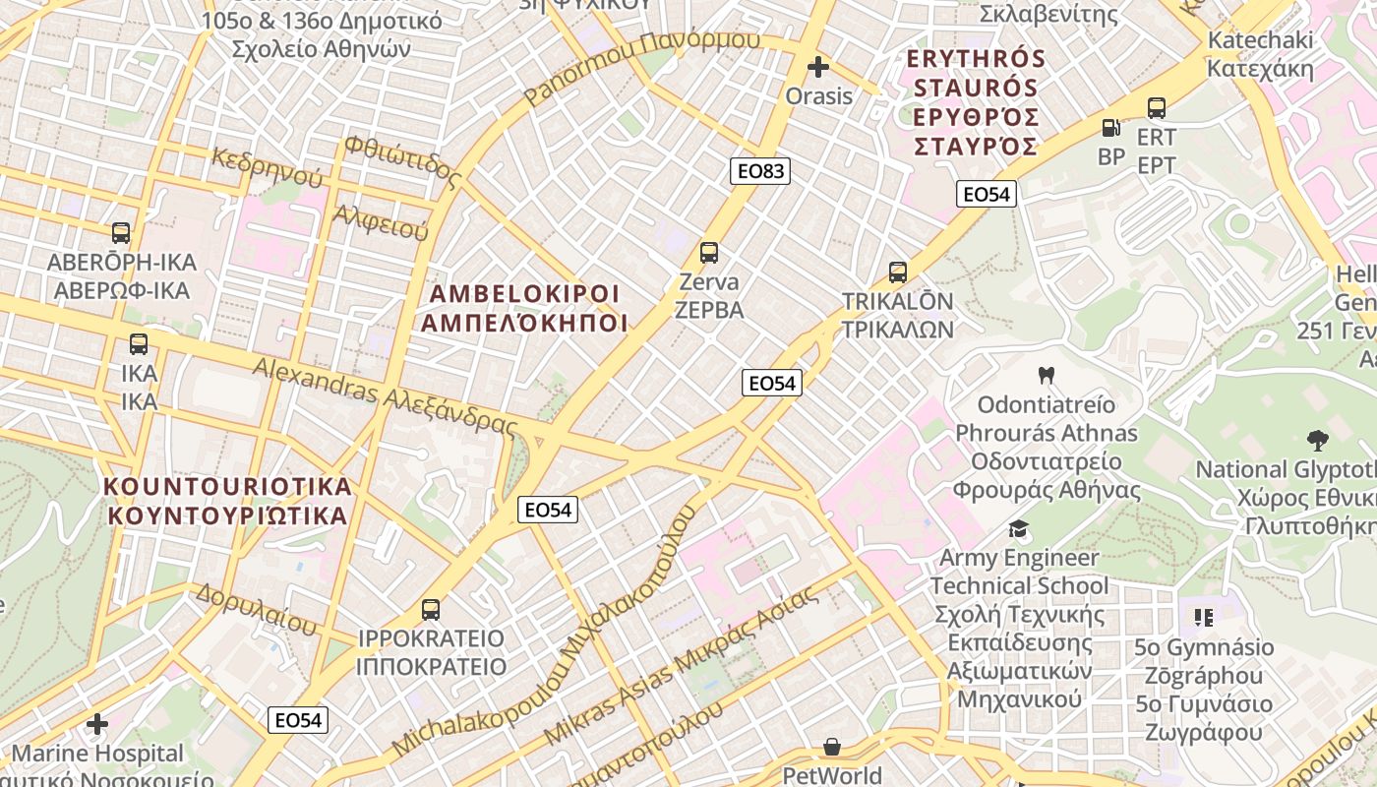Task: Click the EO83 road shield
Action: pyautogui.click(x=761, y=171)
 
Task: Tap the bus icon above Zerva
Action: pyautogui.click(x=709, y=253)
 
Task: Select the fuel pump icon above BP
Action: pyautogui.click(x=1110, y=127)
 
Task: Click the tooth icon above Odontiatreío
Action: pyautogui.click(x=1046, y=375)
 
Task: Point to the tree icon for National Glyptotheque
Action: pyautogui.click(x=1317, y=440)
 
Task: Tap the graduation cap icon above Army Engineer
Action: pyautogui.click(x=1018, y=529)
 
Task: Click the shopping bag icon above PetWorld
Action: pyautogui.click(x=832, y=747)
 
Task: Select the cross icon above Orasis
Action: pyautogui.click(x=817, y=67)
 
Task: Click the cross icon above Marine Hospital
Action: pyautogui.click(x=96, y=725)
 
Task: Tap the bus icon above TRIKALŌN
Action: pyautogui.click(x=897, y=272)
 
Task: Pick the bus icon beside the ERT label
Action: pyautogui.click(x=1156, y=108)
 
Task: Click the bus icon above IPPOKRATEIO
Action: pyautogui.click(x=431, y=609)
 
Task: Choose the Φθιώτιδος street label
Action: pyautogui.click(x=401, y=161)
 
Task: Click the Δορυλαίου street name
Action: pyautogui.click(x=257, y=608)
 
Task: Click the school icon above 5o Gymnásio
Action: pyautogui.click(x=1204, y=618)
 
